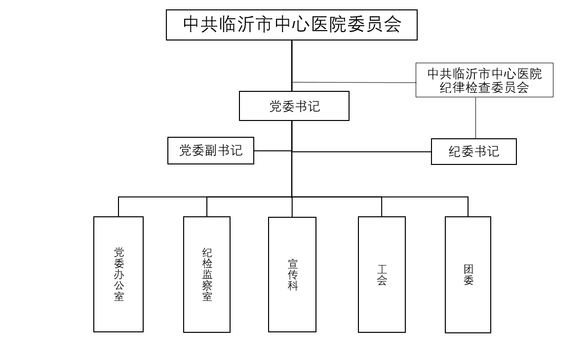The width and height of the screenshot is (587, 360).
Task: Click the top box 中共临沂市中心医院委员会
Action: pyautogui.click(x=291, y=25)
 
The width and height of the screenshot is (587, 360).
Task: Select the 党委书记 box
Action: pyautogui.click(x=294, y=106)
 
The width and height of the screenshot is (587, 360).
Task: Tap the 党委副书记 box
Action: pyautogui.click(x=211, y=151)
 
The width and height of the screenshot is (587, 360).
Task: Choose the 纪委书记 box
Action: pyautogui.click(x=473, y=152)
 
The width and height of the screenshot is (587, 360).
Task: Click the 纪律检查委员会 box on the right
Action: pyautogui.click(x=484, y=80)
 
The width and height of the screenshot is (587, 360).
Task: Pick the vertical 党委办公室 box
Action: pyautogui.click(x=118, y=274)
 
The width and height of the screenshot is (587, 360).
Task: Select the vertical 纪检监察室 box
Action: pyautogui.click(x=207, y=274)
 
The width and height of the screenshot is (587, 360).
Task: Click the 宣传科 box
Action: pyautogui.click(x=292, y=274)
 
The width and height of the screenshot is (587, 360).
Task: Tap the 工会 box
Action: pyautogui.click(x=382, y=274)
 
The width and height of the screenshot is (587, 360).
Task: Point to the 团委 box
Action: pyautogui.click(x=468, y=274)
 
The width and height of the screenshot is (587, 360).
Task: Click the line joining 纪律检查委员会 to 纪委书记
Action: pyautogui.click(x=476, y=118)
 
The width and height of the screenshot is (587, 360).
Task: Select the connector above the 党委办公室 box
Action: pyautogui.click(x=118, y=206)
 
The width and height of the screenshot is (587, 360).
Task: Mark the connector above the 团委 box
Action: pyautogui.click(x=468, y=206)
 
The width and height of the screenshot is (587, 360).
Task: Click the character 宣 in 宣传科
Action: pyautogui.click(x=293, y=263)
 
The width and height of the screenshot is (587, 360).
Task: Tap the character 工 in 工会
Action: pyautogui.click(x=382, y=270)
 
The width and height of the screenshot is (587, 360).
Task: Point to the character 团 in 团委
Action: pyautogui.click(x=469, y=270)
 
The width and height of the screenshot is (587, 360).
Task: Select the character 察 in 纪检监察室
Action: pyautogui.click(x=207, y=285)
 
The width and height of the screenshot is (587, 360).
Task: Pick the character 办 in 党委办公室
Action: pyautogui.click(x=119, y=274)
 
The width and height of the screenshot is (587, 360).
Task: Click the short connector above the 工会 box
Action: pyautogui.click(x=382, y=206)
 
